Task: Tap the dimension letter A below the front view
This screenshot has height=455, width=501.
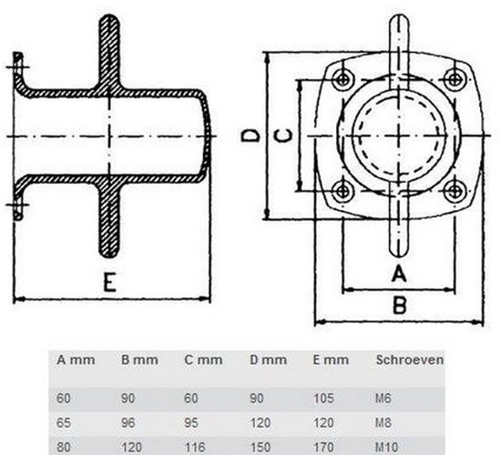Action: click(x=397, y=273)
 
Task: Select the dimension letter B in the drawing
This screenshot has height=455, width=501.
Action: click(x=398, y=305)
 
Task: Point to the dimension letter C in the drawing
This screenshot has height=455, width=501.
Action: click(x=285, y=136)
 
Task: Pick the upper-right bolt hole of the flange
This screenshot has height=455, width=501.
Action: click(x=453, y=76)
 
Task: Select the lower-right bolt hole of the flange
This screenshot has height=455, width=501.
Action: click(x=453, y=190)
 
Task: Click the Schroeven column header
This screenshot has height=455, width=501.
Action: click(x=409, y=359)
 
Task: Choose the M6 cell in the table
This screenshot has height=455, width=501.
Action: click(x=383, y=399)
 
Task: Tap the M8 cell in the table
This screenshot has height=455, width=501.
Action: click(x=383, y=423)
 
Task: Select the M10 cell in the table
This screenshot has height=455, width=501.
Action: click(x=386, y=447)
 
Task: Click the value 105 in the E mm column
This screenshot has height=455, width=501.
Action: click(x=323, y=399)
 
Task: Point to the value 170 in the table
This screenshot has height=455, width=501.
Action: click(x=323, y=447)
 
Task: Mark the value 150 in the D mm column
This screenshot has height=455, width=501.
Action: click(x=260, y=447)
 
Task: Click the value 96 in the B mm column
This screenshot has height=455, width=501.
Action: click(x=128, y=423)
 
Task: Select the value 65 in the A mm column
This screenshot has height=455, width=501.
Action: click(x=64, y=423)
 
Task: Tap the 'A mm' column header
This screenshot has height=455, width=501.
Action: click(x=75, y=359)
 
